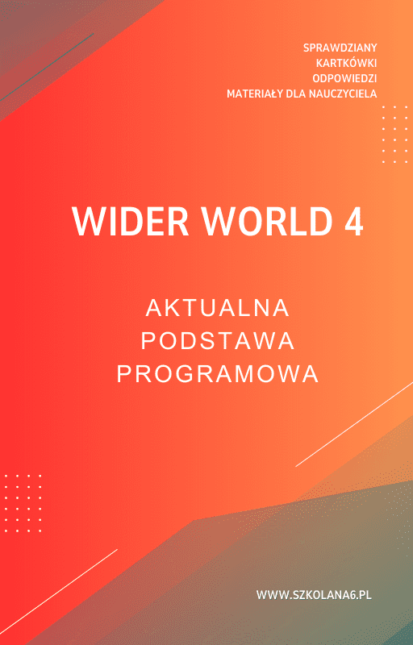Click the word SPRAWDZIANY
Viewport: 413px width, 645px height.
pyautogui.click(x=340, y=48)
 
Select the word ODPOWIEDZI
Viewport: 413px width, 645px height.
pyautogui.click(x=344, y=78)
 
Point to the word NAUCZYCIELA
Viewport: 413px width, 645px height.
pyautogui.click(x=342, y=94)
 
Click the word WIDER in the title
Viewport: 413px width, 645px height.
pyautogui.click(x=119, y=221)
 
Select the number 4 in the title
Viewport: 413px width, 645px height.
pyautogui.click(x=353, y=221)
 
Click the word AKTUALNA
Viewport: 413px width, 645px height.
pyautogui.click(x=218, y=308)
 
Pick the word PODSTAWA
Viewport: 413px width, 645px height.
pyautogui.click(x=218, y=341)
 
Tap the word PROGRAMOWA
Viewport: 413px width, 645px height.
pyautogui.click(x=218, y=374)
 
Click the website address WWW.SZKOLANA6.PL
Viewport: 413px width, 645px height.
pyautogui.click(x=314, y=595)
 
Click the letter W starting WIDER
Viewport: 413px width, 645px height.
pyautogui.click(x=85, y=221)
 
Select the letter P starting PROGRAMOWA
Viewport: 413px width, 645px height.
pyautogui.click(x=123, y=374)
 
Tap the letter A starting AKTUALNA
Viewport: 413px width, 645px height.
pyautogui.click(x=153, y=308)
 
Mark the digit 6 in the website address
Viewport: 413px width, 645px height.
pyautogui.click(x=350, y=595)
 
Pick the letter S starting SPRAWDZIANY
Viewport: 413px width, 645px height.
pyautogui.click(x=306, y=48)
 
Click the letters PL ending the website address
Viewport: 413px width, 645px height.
pyautogui.click(x=365, y=595)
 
